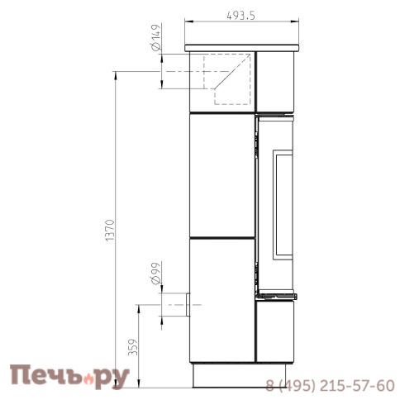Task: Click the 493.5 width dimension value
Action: coord(240,16)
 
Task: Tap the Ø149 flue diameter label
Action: coord(155,38)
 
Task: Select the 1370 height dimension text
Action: coord(110,231)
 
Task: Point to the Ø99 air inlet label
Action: coord(155,274)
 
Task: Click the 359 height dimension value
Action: coord(133,347)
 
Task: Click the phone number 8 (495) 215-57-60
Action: coord(330,385)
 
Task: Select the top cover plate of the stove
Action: coord(242,48)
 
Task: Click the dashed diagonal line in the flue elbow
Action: coord(232,71)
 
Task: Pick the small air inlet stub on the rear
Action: coord(188,305)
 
